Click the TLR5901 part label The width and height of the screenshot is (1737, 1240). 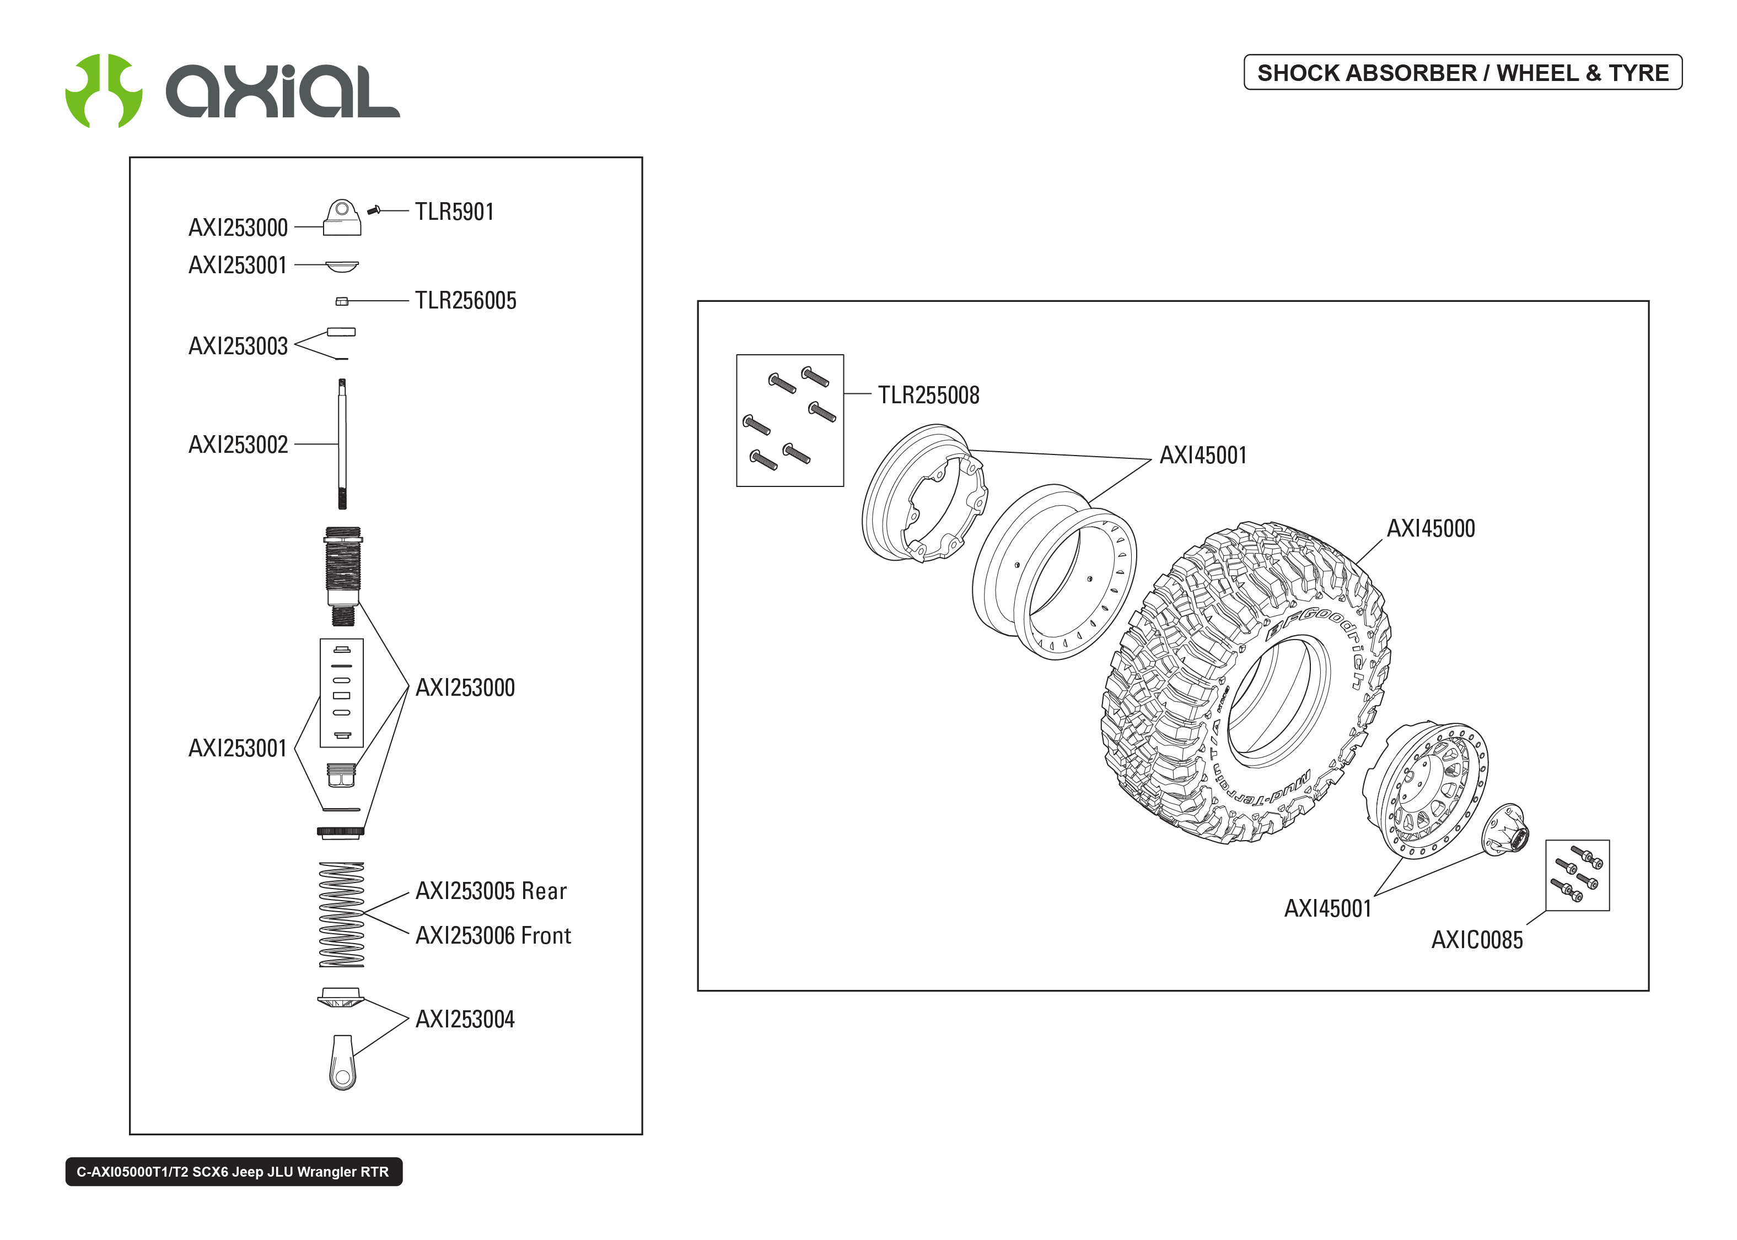(x=454, y=212)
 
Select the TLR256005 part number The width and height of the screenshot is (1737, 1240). (x=465, y=300)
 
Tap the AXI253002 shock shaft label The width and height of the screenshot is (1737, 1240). (x=238, y=445)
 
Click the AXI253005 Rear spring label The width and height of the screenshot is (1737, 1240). (x=491, y=891)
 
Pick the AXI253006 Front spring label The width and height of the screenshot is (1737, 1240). (x=493, y=935)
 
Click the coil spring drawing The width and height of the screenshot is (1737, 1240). (x=341, y=915)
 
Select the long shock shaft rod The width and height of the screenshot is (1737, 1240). (x=342, y=443)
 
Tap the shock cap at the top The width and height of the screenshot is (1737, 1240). (x=341, y=218)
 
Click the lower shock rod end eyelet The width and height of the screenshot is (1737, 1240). (x=342, y=1063)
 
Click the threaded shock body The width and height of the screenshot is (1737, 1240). (x=342, y=569)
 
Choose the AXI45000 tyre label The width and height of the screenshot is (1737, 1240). (x=1430, y=528)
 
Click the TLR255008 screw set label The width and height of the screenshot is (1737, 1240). (x=928, y=395)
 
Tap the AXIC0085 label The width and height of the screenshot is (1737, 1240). (x=1476, y=940)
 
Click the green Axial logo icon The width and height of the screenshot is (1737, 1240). (x=104, y=90)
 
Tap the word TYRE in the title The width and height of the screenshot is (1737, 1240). (x=1638, y=73)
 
